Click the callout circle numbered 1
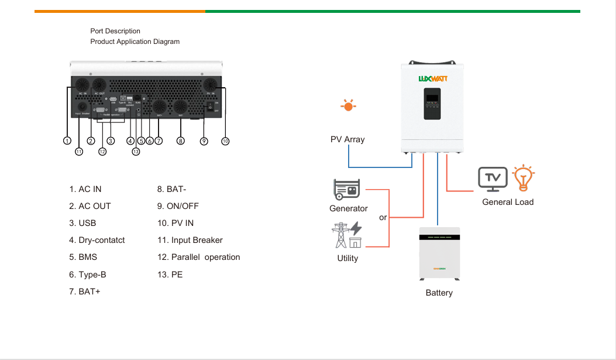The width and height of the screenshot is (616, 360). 67,140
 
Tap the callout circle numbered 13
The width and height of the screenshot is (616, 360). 136,152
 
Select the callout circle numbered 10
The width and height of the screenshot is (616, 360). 225,140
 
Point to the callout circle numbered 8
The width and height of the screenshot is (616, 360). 180,140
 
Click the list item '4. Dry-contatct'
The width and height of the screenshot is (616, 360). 97,240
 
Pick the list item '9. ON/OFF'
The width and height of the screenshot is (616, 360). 178,206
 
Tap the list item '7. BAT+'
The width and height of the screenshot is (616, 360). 85,291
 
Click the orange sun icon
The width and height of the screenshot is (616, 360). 349,106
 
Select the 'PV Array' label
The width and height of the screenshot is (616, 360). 347,139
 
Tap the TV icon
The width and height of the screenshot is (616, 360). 493,179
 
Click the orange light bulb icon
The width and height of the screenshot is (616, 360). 524,179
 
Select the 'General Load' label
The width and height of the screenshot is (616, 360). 508,202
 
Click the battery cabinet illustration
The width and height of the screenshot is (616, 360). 439,253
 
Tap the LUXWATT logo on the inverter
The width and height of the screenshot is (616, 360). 432,77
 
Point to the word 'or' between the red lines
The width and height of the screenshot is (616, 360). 383,217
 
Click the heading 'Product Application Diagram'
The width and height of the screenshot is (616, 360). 135,42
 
